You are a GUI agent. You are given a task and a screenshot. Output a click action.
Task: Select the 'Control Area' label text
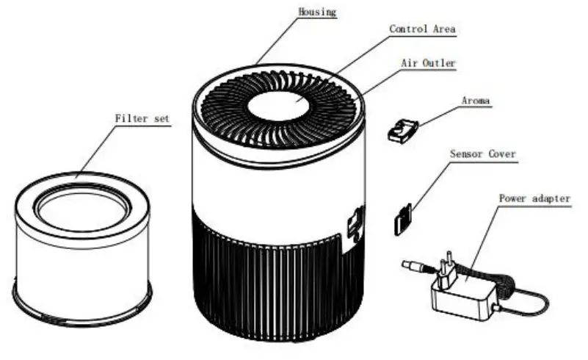(422, 29)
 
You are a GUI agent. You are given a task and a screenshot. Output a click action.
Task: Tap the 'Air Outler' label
(428, 63)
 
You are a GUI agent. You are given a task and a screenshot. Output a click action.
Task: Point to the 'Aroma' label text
(476, 100)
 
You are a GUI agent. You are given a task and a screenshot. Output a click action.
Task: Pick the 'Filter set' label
(142, 118)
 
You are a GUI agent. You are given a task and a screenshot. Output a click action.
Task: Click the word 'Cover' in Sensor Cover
(501, 154)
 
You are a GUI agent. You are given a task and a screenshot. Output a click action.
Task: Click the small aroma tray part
(402, 129)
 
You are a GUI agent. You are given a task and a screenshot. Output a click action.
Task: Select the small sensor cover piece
(402, 220)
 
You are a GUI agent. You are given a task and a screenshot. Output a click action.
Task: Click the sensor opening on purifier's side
(355, 223)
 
